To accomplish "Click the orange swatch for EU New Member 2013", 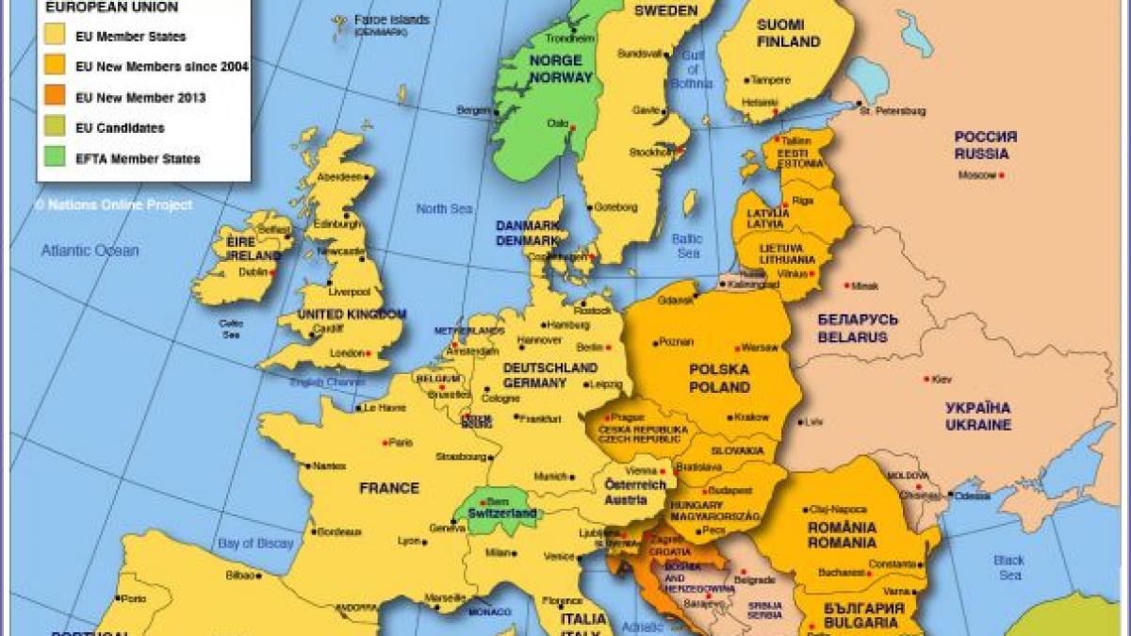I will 56,97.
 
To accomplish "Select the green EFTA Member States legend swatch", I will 56,158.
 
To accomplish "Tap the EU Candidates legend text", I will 120,128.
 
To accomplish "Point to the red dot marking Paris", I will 385,442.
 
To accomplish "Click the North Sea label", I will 444,208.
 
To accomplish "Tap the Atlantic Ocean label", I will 90,251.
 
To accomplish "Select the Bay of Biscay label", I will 255,544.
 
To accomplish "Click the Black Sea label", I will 1008,567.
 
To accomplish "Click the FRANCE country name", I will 389,488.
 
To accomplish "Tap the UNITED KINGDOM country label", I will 352,314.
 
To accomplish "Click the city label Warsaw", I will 761,347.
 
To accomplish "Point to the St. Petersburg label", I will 892,110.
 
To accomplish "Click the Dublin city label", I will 253,271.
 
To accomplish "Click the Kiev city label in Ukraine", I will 942,380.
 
